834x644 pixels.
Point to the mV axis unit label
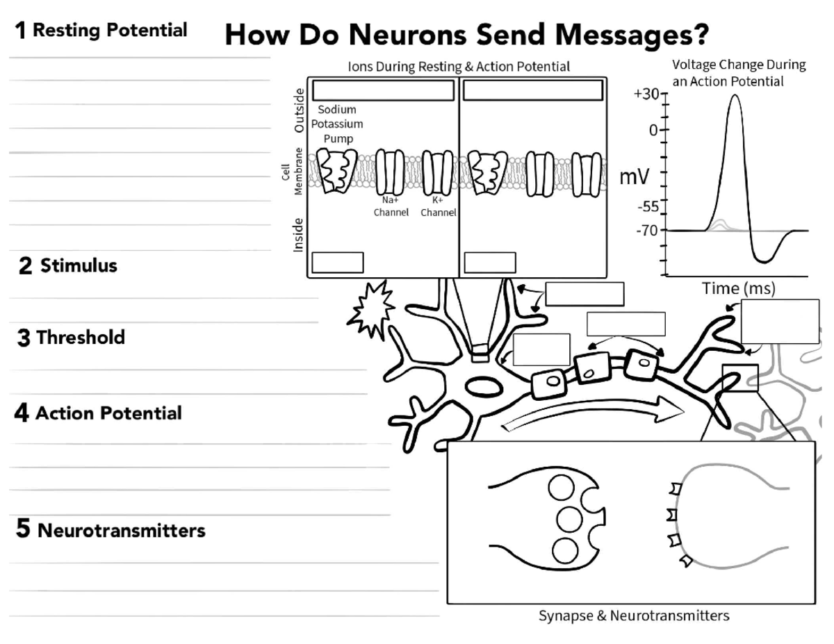pyautogui.click(x=635, y=177)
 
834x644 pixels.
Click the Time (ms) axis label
pyautogui.click(x=738, y=288)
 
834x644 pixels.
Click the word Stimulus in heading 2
pyautogui.click(x=79, y=265)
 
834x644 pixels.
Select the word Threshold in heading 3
pyautogui.click(x=81, y=338)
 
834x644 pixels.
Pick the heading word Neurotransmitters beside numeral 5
pyautogui.click(x=122, y=531)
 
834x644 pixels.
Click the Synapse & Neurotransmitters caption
pyautogui.click(x=634, y=616)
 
